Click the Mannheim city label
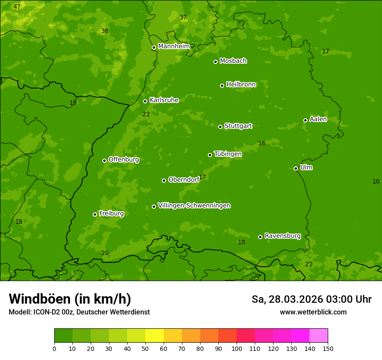click(174, 46)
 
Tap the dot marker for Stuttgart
click(220, 127)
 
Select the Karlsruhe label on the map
click(164, 100)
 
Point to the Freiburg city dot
click(95, 214)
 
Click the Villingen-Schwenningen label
click(194, 206)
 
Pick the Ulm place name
click(306, 167)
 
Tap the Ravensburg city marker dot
click(260, 237)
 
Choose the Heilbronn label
click(241, 85)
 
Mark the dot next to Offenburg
click(104, 160)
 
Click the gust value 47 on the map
click(17, 7)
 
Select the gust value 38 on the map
click(105, 31)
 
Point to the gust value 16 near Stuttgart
click(262, 144)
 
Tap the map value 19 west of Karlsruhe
click(73, 103)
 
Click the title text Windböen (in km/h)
click(69, 299)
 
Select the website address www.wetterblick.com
click(313, 312)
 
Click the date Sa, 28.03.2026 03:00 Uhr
click(311, 299)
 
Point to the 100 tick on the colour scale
click(237, 348)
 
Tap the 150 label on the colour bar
click(328, 348)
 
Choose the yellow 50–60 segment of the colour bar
click(155, 336)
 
